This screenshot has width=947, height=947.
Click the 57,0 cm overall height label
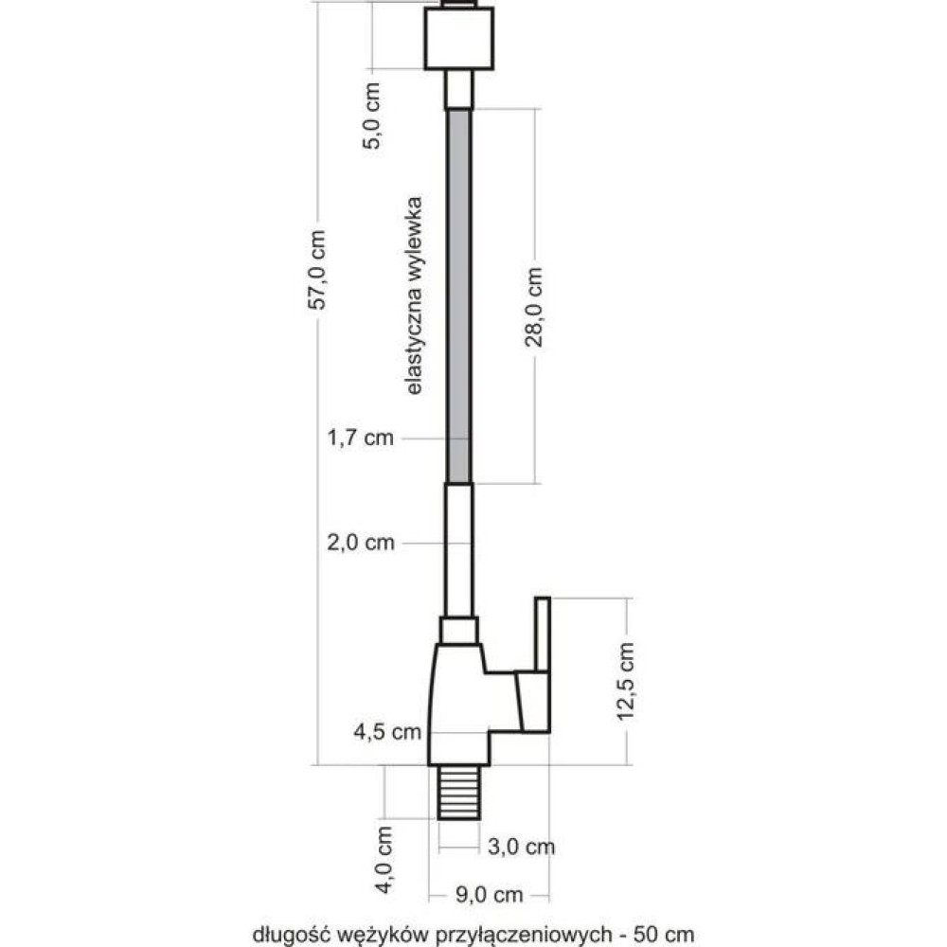[x=317, y=269]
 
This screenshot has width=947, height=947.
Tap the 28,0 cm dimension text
[x=534, y=308]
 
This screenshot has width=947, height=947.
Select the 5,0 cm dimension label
[x=372, y=116]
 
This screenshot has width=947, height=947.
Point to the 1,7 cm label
[x=361, y=438]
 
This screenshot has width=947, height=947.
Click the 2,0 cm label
[x=361, y=543]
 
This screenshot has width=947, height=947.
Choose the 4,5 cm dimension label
[x=387, y=731]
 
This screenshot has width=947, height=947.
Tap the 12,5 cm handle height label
[x=626, y=681]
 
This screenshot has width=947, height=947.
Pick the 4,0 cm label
[x=384, y=860]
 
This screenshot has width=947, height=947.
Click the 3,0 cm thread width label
[x=521, y=847]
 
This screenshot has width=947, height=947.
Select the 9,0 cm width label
[x=490, y=895]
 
